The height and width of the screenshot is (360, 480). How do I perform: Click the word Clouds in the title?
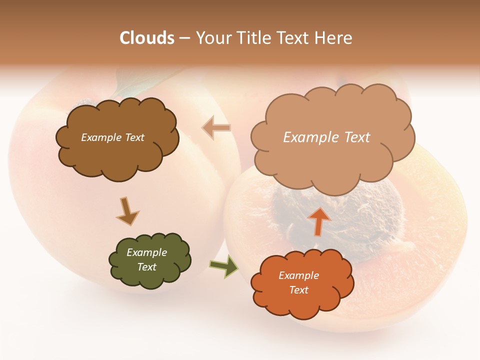pos(147,38)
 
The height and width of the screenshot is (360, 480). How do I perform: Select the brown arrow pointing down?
pos(127,210)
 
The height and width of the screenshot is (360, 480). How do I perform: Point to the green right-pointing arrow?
pos(224,266)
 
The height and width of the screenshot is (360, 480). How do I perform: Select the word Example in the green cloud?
pos(146,252)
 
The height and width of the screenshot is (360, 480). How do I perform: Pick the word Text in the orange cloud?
pos(298,290)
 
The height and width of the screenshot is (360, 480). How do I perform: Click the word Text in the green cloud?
pos(146,267)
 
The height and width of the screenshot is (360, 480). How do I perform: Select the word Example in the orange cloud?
pos(298,275)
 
